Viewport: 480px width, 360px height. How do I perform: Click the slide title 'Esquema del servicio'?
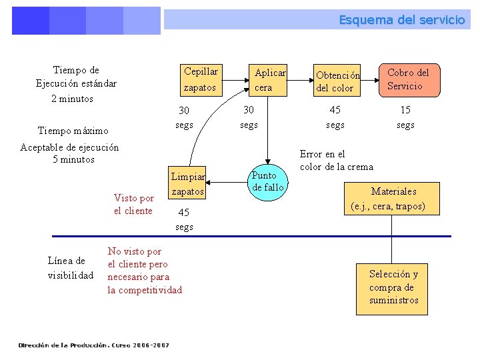pos(401,20)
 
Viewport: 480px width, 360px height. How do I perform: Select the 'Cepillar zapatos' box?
pos(201,79)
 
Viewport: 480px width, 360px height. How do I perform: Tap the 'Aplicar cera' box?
pos(269,79)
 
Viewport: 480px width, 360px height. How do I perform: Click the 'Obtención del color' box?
pos(337,81)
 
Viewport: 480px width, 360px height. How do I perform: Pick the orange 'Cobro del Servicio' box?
pos(409,79)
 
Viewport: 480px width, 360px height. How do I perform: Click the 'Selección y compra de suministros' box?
pos(393,287)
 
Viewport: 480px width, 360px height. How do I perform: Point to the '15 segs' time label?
pos(405,117)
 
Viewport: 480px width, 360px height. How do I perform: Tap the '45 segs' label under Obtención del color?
pos(335,117)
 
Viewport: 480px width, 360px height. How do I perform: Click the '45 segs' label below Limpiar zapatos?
pos(184,219)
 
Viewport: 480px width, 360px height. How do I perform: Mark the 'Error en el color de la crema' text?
pos(336,160)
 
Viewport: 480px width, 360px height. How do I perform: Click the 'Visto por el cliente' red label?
pos(133,204)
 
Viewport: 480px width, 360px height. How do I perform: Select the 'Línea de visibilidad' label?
pos(71,268)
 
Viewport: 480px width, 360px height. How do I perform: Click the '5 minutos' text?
pos(73,159)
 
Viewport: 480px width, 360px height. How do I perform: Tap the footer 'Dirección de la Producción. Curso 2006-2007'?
pos(93,345)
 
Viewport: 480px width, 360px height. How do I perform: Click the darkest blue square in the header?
pos(30,21)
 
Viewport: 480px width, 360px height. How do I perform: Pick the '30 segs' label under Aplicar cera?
pos(249,117)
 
